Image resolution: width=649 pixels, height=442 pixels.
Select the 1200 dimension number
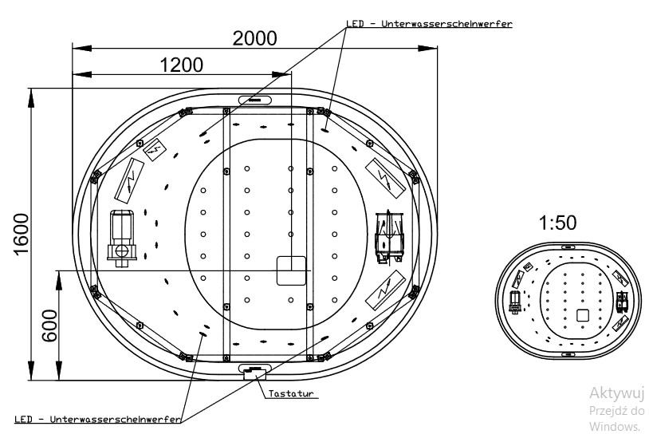pyautogui.click(x=181, y=65)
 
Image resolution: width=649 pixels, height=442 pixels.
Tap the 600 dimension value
pyautogui.click(x=49, y=326)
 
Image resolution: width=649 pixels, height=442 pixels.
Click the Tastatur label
pyautogui.click(x=289, y=394)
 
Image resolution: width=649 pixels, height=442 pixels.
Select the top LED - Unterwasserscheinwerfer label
pyautogui.click(x=428, y=24)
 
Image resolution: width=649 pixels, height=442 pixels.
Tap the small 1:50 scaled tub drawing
pyautogui.click(x=568, y=300)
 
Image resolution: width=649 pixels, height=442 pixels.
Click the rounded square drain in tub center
pyautogui.click(x=292, y=270)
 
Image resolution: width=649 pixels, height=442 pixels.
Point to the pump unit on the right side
pyautogui.click(x=389, y=235)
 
